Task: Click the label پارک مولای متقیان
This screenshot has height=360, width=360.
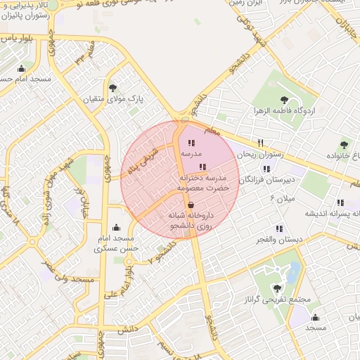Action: [x=114, y=99]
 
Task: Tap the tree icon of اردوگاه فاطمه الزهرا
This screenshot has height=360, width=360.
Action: [x=284, y=100]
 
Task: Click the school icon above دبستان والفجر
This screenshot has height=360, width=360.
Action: [x=279, y=229]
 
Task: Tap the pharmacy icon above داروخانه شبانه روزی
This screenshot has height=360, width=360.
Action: [x=191, y=205]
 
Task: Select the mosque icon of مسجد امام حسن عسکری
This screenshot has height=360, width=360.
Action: [x=116, y=227]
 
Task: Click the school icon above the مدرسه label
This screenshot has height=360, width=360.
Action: [x=192, y=143]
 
